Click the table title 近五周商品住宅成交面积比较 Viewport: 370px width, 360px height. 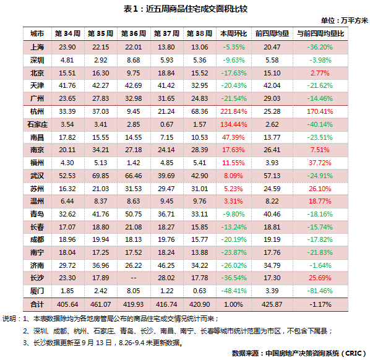[x=197, y=9]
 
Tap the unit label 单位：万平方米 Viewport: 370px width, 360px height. [x=345, y=20]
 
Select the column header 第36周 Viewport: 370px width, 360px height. [x=134, y=33]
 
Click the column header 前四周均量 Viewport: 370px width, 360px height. [x=272, y=33]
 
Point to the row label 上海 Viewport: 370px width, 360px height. [x=37, y=47]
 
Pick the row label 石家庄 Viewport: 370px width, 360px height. [x=37, y=124]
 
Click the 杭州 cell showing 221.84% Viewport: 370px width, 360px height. [x=234, y=111]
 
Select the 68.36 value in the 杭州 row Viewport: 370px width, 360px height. [x=200, y=111]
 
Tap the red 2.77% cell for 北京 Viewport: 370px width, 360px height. [x=320, y=73]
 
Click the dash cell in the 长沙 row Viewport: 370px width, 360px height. [x=134, y=278]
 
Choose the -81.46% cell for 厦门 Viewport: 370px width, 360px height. [x=320, y=291]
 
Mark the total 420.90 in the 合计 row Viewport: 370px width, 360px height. [x=200, y=304]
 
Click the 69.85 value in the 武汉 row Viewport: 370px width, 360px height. [x=100, y=176]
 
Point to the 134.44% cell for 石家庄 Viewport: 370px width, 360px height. [x=234, y=124]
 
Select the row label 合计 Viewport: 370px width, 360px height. [x=37, y=304]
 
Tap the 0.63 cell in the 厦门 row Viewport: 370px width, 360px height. [x=200, y=291]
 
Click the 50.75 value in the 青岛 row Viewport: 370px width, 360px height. [x=134, y=214]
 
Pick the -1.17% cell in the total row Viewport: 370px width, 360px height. [x=320, y=304]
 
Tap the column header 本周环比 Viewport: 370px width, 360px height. [x=234, y=33]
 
